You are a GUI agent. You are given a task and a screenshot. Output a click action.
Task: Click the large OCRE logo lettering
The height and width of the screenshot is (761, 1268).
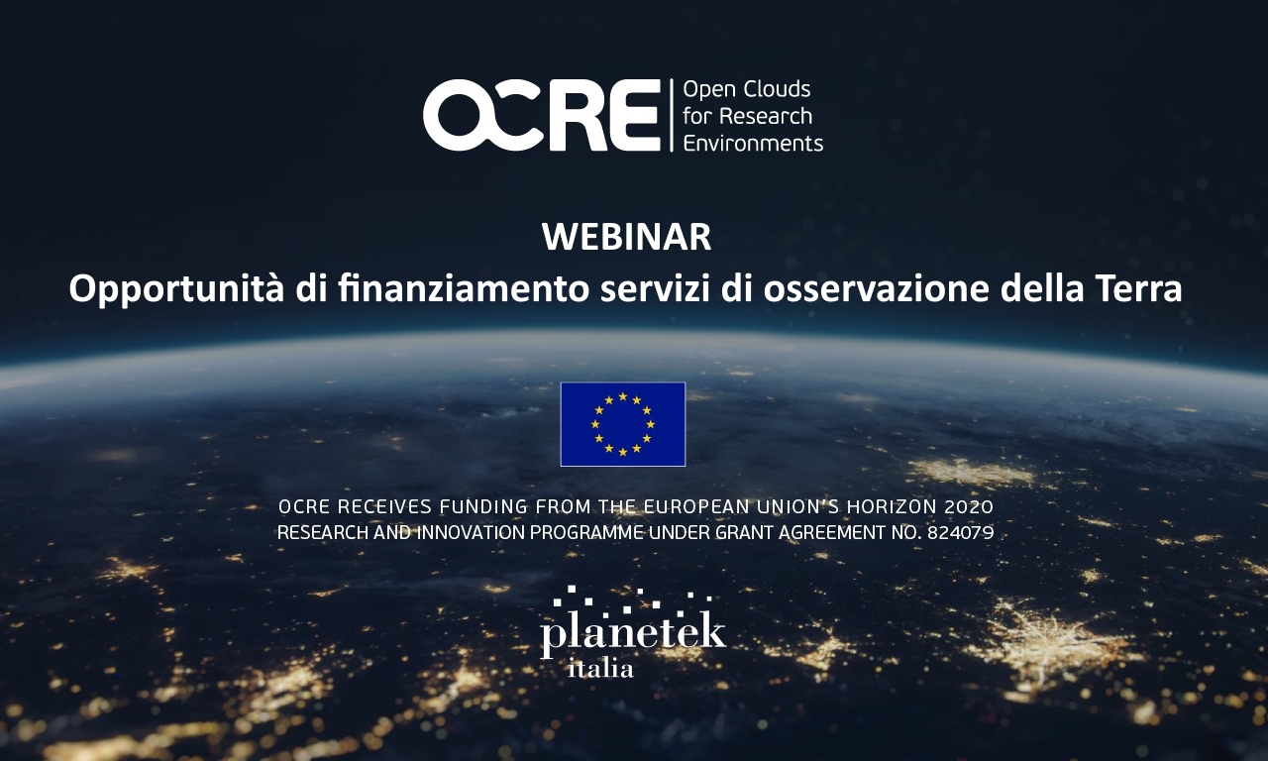tap(542, 115)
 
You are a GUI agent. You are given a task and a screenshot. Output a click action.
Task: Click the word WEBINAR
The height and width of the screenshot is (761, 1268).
tap(626, 237)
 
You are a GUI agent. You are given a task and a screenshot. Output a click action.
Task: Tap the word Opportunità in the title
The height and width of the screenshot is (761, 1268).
tap(176, 290)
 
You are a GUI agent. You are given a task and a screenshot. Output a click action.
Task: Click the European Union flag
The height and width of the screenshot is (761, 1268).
tap(623, 424)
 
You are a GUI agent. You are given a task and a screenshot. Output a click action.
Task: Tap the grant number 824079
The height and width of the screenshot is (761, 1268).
tap(960, 533)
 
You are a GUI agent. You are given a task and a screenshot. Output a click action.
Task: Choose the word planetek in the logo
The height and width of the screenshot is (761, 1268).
tap(633, 634)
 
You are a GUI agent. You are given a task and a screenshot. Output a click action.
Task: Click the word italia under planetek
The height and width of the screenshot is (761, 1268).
tap(600, 669)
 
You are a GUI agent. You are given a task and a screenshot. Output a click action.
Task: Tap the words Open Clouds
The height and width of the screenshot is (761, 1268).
tap(747, 89)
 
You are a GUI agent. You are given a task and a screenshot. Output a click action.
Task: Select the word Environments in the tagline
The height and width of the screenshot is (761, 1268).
tap(753, 144)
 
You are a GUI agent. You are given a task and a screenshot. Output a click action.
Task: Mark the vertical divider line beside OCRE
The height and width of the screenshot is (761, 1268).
tap(672, 116)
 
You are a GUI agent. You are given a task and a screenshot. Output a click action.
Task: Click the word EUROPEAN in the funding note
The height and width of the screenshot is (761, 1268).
tap(696, 506)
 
